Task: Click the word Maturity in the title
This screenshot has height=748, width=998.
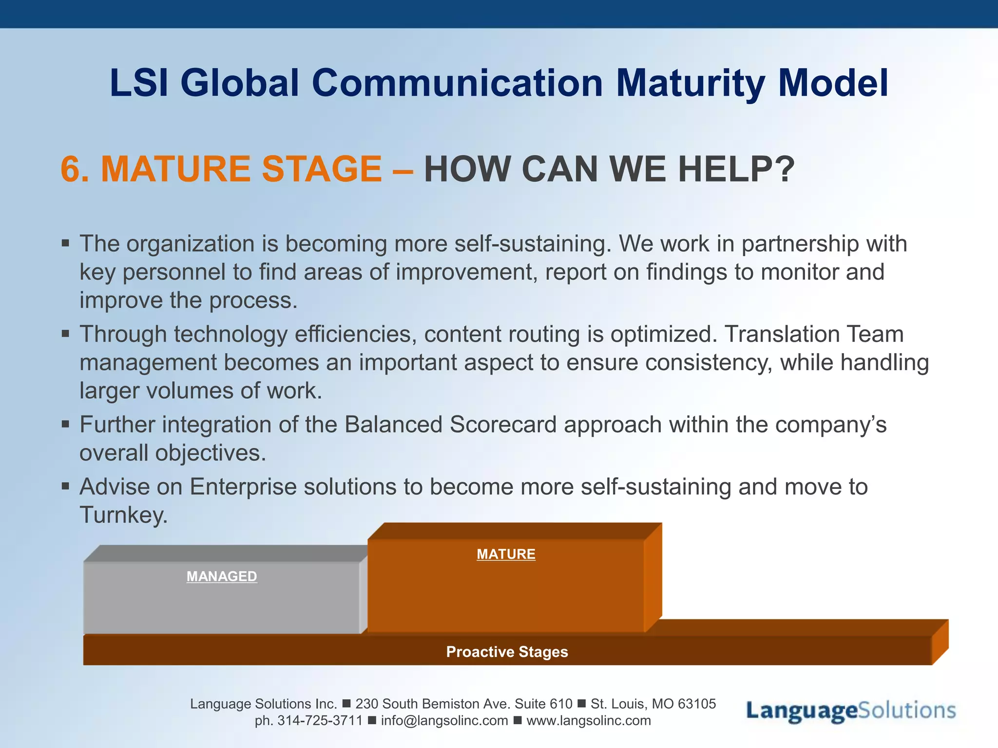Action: pyautogui.click(x=691, y=83)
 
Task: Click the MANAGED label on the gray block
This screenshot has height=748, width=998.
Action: pyautogui.click(x=222, y=577)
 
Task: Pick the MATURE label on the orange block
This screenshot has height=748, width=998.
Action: pyautogui.click(x=506, y=554)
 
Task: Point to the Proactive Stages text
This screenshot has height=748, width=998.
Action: pyautogui.click(x=507, y=652)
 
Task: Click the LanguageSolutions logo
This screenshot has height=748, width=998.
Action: pyautogui.click(x=850, y=711)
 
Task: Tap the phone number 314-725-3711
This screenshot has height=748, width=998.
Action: pyautogui.click(x=320, y=721)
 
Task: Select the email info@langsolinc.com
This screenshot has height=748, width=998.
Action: pyautogui.click(x=444, y=721)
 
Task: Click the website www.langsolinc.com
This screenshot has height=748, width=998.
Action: pyautogui.click(x=588, y=721)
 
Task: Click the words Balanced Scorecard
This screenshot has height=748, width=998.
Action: pyautogui.click(x=450, y=425)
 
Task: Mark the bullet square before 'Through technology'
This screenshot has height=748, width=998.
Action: pyautogui.click(x=66, y=334)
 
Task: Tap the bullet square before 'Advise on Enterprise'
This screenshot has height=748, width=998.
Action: pyautogui.click(x=66, y=486)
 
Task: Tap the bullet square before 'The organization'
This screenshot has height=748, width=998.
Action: pyautogui.click(x=66, y=243)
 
